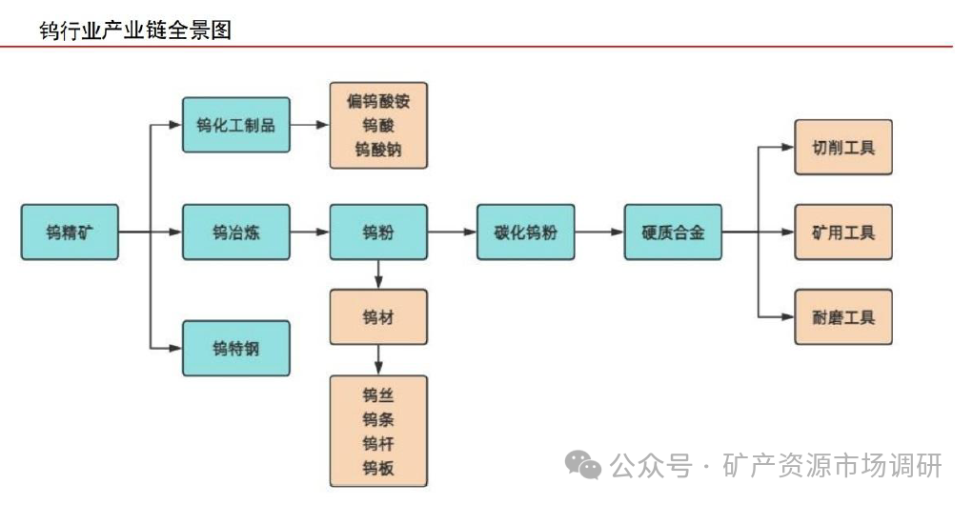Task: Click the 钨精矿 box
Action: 70,232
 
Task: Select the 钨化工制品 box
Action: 235,125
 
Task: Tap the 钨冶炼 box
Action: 235,232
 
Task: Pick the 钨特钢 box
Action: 235,348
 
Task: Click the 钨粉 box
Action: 378,232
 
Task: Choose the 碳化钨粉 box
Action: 525,232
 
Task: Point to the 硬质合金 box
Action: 673,232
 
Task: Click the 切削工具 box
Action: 843,148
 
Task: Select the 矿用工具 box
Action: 843,232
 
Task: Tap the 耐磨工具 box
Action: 843,316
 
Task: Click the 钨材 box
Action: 378,316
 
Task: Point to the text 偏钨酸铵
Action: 378,101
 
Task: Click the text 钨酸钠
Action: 378,150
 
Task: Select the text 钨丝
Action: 378,394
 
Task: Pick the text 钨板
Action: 378,467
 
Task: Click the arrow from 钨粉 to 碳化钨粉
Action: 452,232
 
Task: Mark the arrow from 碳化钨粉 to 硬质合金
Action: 599,232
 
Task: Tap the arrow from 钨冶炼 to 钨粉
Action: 309,232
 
